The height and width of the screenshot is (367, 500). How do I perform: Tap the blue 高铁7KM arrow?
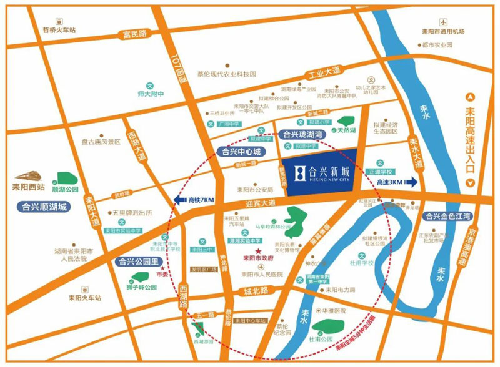(x=193, y=200)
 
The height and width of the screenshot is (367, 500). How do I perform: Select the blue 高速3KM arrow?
(x=397, y=182)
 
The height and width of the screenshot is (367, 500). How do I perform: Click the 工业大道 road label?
(x=324, y=75)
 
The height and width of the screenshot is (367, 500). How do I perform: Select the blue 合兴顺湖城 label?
(x=44, y=207)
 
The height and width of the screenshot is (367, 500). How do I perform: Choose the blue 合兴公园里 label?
(x=135, y=262)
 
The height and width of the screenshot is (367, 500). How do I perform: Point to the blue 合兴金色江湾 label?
(x=447, y=216)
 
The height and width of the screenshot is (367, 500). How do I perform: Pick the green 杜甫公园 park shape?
(x=326, y=327)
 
